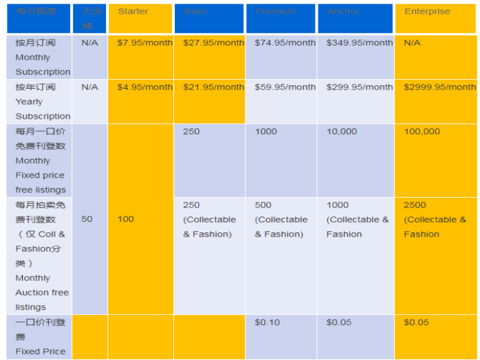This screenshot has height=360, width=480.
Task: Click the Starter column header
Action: click(133, 12)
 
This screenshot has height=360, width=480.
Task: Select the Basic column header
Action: click(196, 12)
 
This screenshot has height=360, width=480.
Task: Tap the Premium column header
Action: click(275, 12)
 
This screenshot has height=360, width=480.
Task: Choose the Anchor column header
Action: click(343, 12)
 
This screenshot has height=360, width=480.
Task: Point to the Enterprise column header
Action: click(427, 12)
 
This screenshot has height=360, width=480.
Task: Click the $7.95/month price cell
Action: click(145, 43)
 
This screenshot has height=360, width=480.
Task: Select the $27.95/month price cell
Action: click(214, 43)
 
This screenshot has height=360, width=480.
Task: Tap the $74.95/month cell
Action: click(285, 43)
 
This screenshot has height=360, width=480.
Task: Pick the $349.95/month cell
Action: click(359, 43)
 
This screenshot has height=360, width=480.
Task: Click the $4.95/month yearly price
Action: click(145, 87)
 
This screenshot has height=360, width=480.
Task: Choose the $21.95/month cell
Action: click(214, 87)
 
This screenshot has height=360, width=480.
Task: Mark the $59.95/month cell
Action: click(285, 87)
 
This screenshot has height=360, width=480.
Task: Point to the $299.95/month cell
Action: click(359, 87)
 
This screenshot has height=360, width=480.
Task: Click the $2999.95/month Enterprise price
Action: click(440, 87)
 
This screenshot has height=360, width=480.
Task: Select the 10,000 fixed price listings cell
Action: click(342, 132)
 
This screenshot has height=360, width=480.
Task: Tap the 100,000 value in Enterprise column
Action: click(422, 132)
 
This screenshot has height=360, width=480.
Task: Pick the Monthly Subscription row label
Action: click(43, 58)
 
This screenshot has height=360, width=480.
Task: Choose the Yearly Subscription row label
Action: click(43, 102)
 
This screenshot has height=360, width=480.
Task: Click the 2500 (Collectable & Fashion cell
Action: click(435, 220)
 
